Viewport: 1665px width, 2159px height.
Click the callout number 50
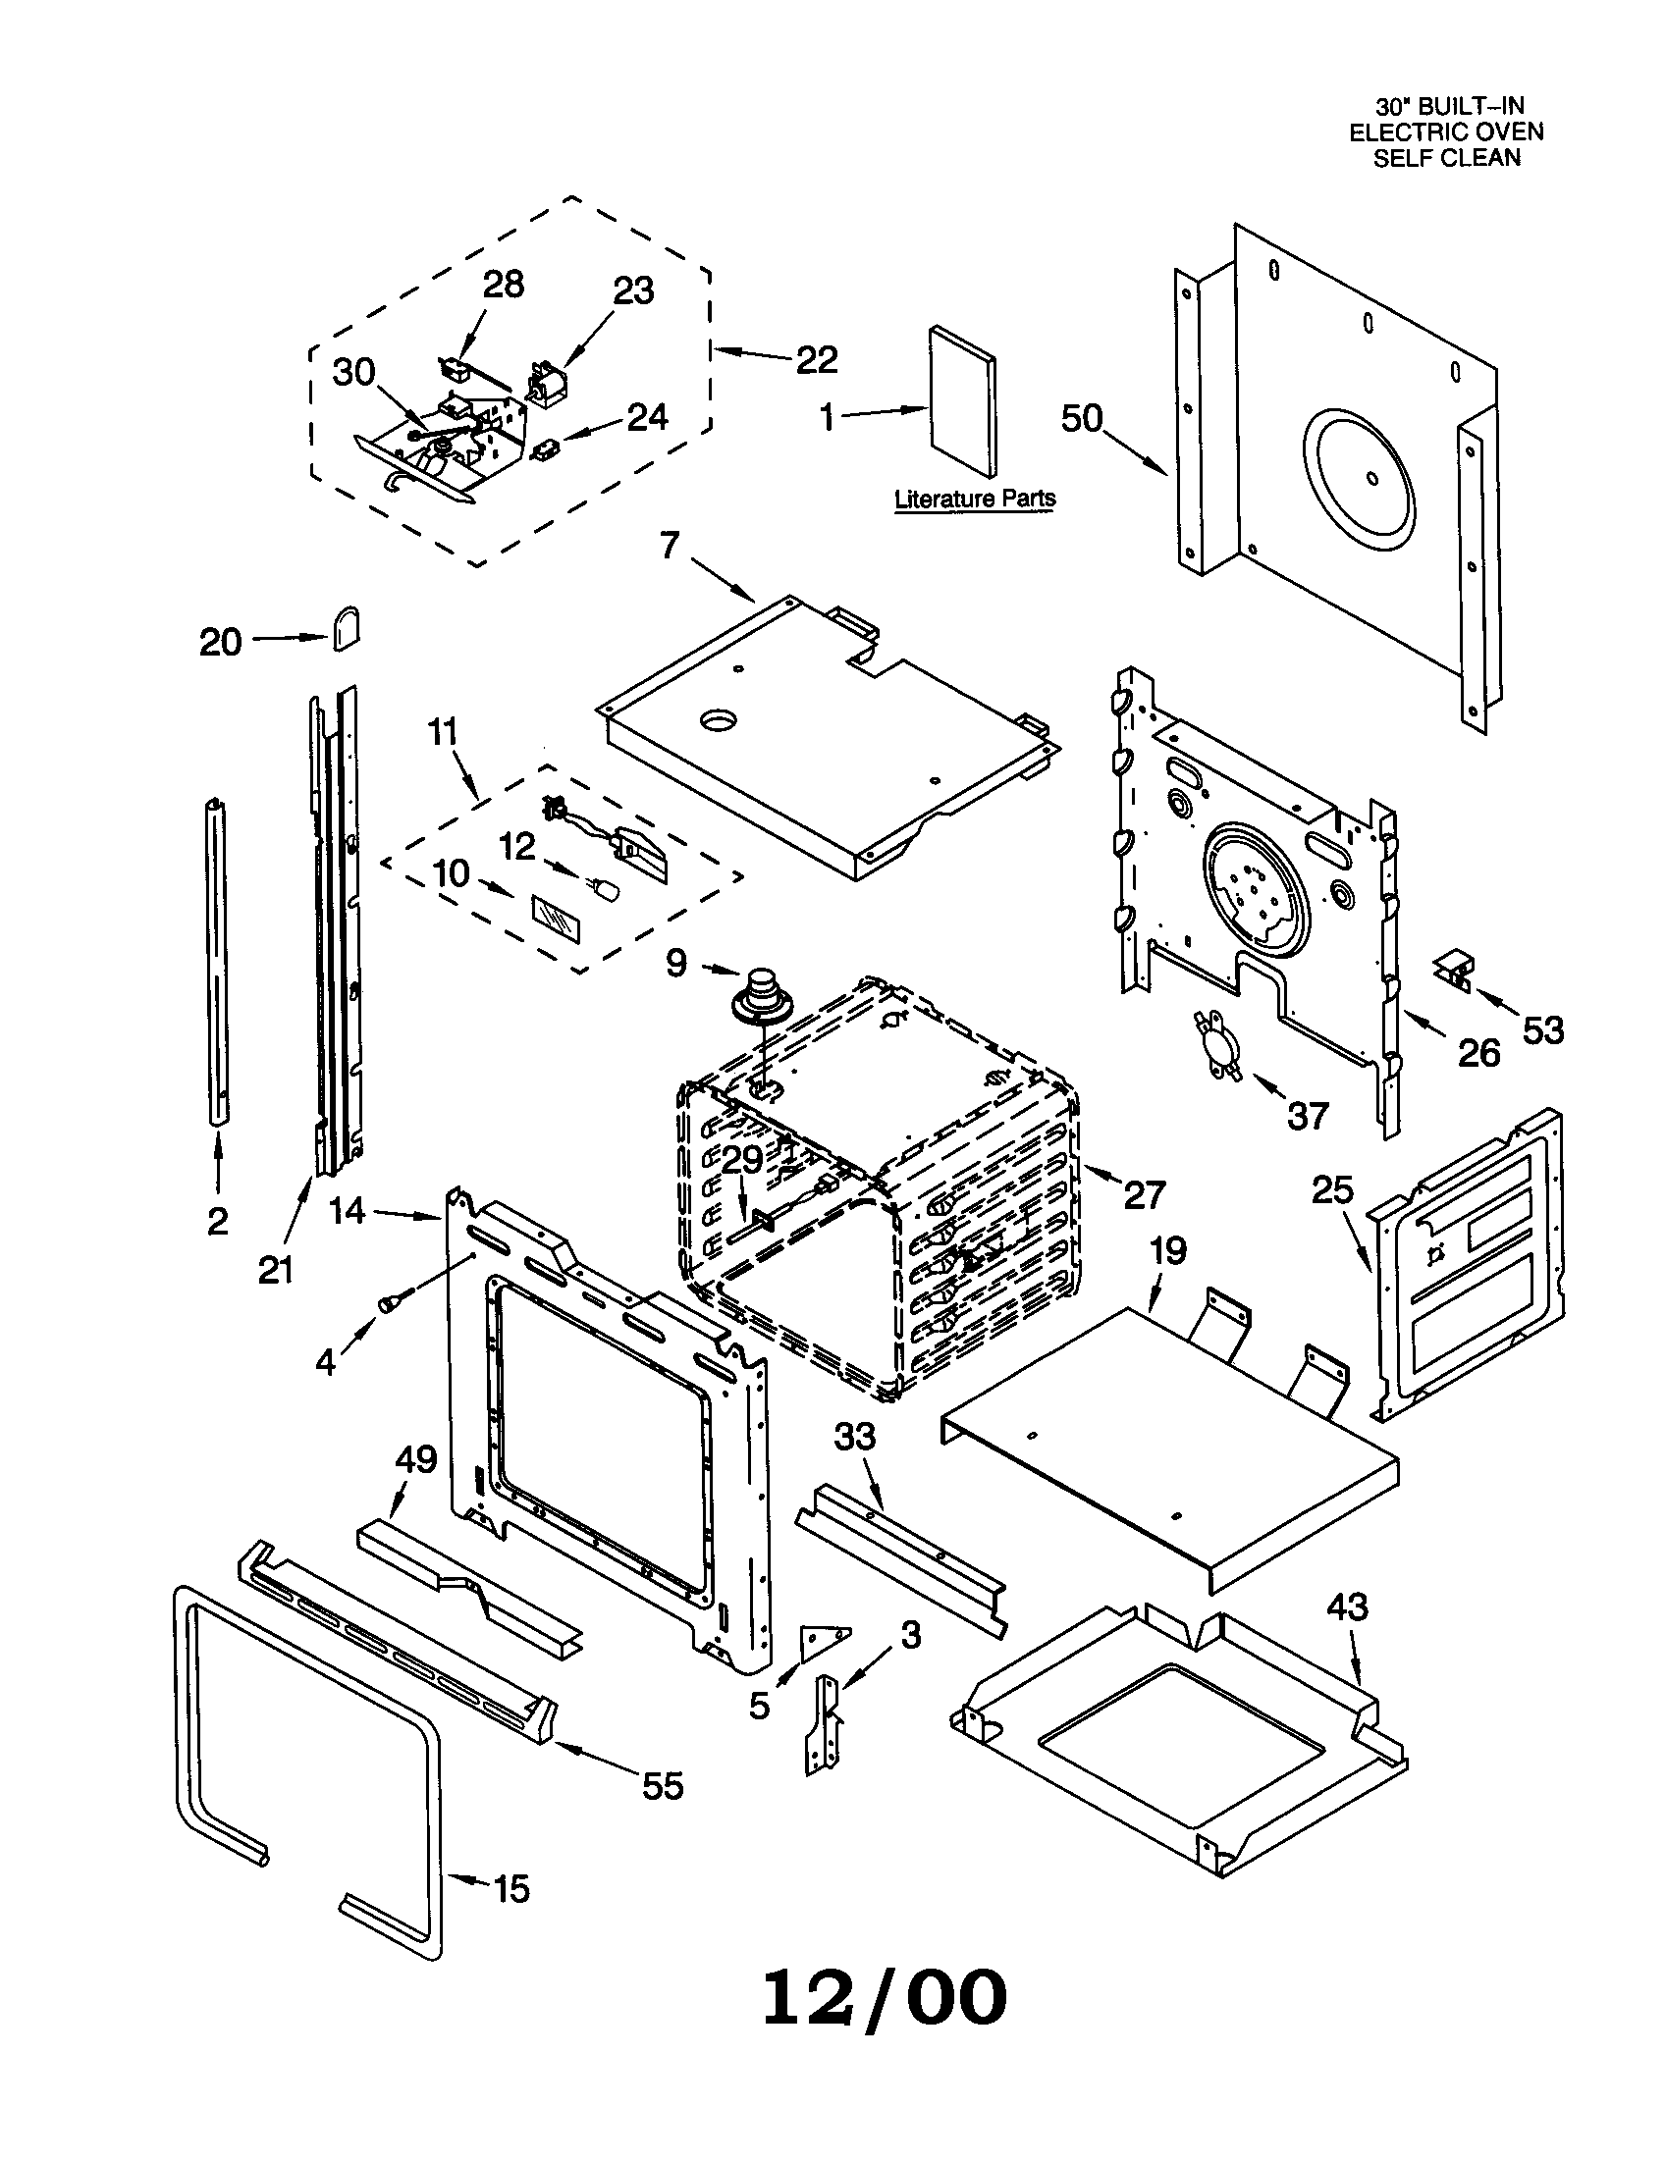(1082, 418)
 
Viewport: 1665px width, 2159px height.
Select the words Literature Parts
(974, 499)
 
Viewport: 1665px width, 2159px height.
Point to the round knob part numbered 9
(760, 994)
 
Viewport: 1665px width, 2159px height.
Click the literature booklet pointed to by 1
(962, 400)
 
